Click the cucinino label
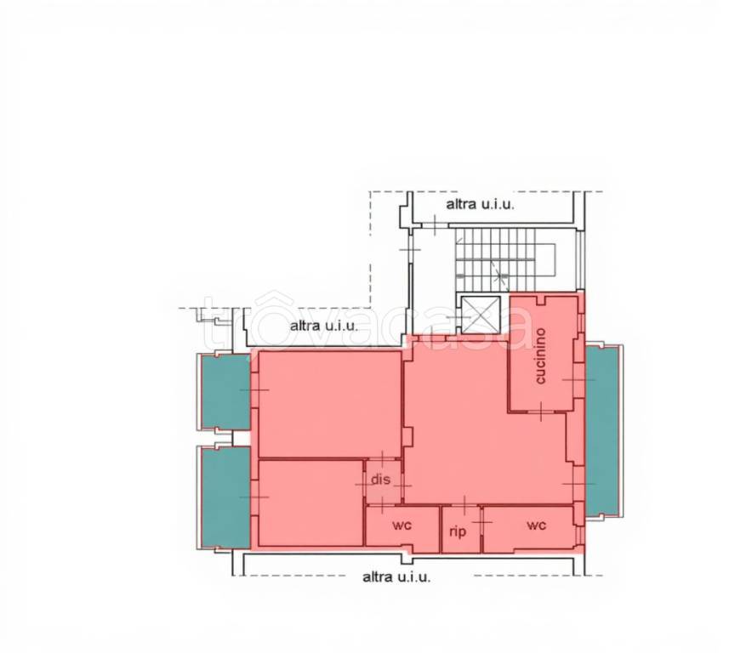click(540, 356)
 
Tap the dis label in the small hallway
click(381, 480)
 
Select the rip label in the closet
click(458, 531)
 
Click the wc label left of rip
click(402, 525)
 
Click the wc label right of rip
click(536, 525)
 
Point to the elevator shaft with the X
click(481, 315)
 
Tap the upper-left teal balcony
click(226, 391)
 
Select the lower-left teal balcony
click(226, 497)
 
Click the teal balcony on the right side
click(603, 431)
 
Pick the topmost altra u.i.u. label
click(481, 205)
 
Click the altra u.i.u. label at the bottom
click(396, 577)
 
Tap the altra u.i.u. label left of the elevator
click(324, 326)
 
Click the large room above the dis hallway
click(330, 405)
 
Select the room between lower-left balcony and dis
click(310, 503)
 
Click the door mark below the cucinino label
click(542, 412)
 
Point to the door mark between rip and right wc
click(482, 522)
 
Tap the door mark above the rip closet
click(465, 503)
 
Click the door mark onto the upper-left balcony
click(254, 389)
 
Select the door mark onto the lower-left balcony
click(254, 497)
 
